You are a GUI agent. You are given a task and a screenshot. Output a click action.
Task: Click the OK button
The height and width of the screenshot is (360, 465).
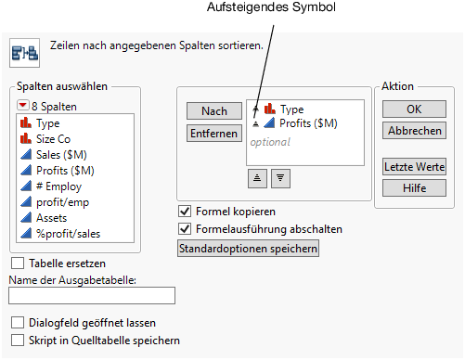[413, 109]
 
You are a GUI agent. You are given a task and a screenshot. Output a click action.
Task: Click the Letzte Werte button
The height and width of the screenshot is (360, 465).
[413, 167]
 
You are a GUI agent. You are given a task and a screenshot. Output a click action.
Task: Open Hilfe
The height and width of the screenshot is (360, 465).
[413, 187]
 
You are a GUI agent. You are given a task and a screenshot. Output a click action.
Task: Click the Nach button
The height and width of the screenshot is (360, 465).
[213, 111]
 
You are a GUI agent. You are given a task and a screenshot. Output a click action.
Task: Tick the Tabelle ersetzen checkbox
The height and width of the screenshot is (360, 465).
[18, 264]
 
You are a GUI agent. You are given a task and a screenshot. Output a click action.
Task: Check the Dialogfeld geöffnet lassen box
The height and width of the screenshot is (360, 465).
[18, 323]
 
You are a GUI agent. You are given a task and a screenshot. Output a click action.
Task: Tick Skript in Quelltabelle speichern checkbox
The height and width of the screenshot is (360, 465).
[18, 341]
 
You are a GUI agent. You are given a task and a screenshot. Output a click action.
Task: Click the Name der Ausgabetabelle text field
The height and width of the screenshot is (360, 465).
[91, 296]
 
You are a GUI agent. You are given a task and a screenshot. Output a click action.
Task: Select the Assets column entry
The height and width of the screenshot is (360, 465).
[53, 218]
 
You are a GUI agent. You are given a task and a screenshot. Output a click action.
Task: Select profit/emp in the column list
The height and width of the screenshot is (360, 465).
[62, 202]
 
